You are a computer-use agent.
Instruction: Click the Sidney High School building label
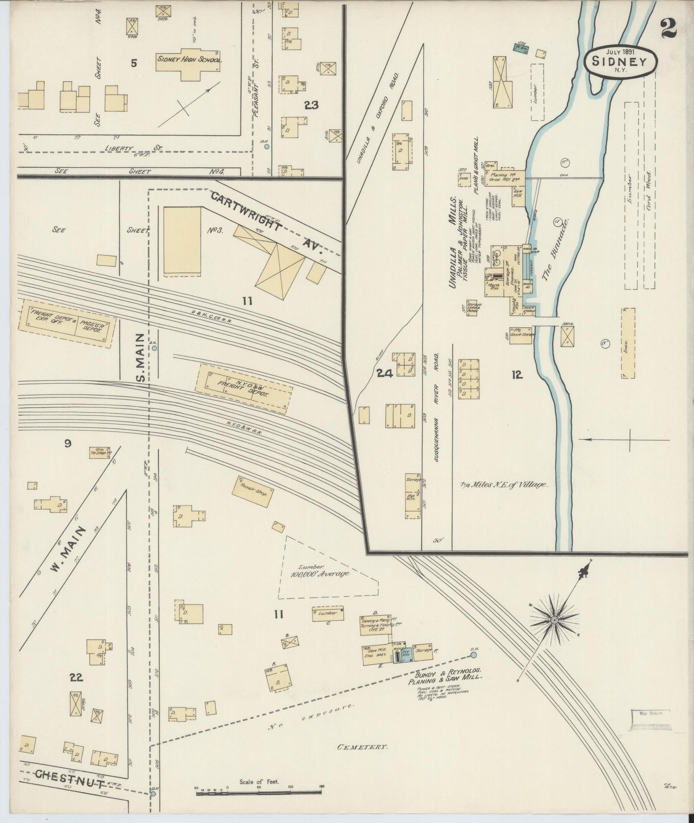(x=189, y=61)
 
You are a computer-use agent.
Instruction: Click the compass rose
(x=554, y=620)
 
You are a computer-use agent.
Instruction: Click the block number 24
(x=385, y=374)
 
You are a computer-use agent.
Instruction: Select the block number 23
(x=311, y=105)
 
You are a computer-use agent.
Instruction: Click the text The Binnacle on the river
(x=556, y=249)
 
